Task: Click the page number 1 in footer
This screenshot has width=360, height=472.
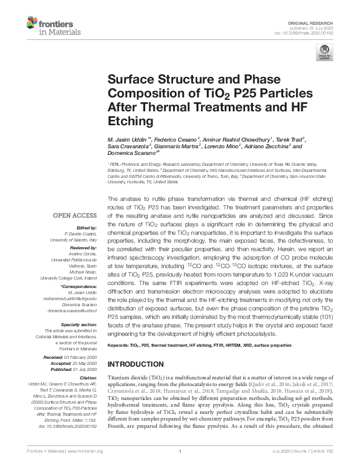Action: [180, 467]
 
